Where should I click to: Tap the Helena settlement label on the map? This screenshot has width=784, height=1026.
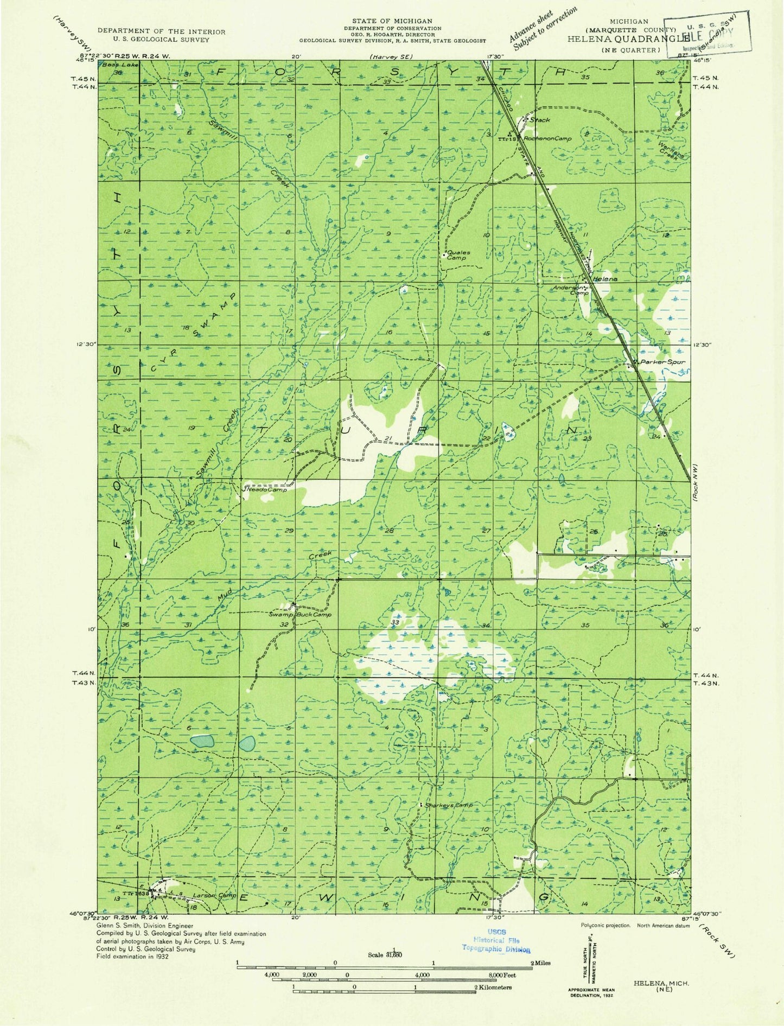point(605,278)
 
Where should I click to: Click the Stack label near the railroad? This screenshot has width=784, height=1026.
point(539,120)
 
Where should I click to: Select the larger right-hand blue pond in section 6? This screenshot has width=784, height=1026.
point(248,743)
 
